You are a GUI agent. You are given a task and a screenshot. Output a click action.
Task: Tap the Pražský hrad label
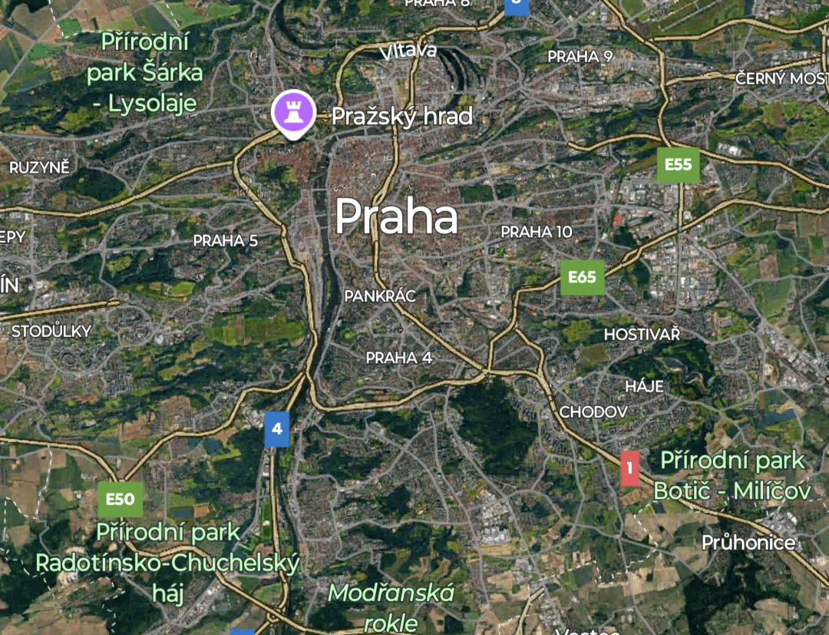point(401,117)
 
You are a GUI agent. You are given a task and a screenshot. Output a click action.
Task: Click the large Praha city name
point(396,217)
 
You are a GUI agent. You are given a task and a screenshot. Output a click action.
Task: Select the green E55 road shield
point(679,164)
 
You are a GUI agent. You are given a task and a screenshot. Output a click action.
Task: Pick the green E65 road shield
point(583,277)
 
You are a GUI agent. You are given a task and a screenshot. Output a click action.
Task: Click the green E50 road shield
point(121,500)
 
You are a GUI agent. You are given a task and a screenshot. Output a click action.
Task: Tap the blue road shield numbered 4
point(276,429)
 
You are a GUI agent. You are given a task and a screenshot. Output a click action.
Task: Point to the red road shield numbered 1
point(629,468)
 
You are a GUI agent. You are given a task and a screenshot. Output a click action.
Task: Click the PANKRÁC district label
point(380,296)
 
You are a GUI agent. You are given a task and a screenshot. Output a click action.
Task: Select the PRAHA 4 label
point(392,358)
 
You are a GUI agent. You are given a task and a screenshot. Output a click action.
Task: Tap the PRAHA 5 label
point(226,240)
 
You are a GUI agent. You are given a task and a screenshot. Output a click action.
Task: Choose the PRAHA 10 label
point(537,231)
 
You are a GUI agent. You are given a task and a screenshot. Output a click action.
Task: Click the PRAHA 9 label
point(580,56)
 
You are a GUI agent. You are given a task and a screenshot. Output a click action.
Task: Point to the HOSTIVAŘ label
point(642,334)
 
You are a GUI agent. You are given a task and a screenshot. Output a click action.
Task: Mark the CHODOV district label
point(593,412)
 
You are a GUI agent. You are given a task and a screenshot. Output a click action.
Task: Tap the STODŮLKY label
point(51,332)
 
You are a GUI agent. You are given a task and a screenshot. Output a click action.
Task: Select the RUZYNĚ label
point(39,167)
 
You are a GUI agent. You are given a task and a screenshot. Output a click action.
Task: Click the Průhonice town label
point(748,543)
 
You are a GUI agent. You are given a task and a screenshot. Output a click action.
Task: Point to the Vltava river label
point(408,51)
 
